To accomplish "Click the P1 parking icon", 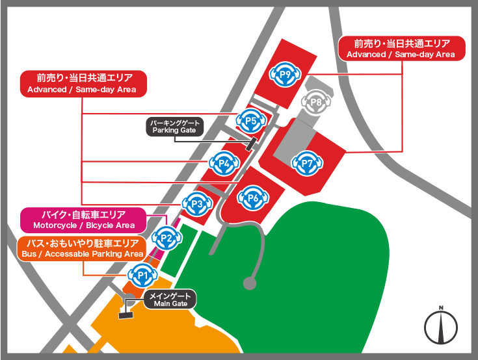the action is (144, 276).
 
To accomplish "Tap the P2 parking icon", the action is (167, 238).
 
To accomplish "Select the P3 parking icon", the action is (198, 205).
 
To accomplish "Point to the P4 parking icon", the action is (225, 162).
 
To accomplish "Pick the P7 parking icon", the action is (308, 162).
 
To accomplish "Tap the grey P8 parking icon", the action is (317, 102).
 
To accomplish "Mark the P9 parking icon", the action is (285, 75).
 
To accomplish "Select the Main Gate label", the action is (169, 300).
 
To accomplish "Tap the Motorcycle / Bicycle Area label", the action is (83, 220).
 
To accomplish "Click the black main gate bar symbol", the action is (125, 316).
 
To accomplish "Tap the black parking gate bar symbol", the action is (250, 144).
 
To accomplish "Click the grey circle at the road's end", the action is (249, 283).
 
